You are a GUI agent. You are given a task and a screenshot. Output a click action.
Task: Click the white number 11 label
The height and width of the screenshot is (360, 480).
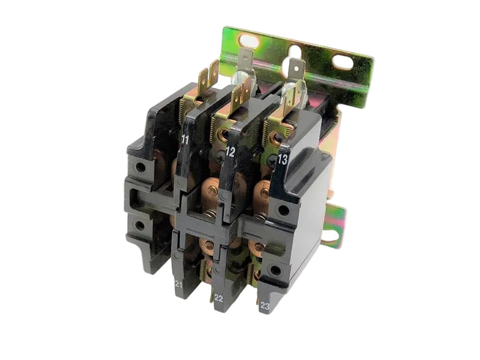[185, 139]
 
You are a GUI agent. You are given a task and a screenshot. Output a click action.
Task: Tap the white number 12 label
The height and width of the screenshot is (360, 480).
[230, 152]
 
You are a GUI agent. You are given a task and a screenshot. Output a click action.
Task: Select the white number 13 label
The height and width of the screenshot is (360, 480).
[283, 160]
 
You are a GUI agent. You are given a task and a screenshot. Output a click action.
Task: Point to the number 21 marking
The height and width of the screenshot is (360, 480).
[179, 284]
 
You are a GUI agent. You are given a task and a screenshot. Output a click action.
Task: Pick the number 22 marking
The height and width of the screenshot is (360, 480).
[218, 298]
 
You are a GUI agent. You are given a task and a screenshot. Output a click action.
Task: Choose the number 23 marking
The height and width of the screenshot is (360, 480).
[265, 306]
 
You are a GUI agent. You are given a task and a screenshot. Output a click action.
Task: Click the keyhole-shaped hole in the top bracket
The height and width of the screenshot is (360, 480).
[295, 53]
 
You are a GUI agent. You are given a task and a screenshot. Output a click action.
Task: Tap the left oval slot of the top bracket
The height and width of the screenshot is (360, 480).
[249, 40]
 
